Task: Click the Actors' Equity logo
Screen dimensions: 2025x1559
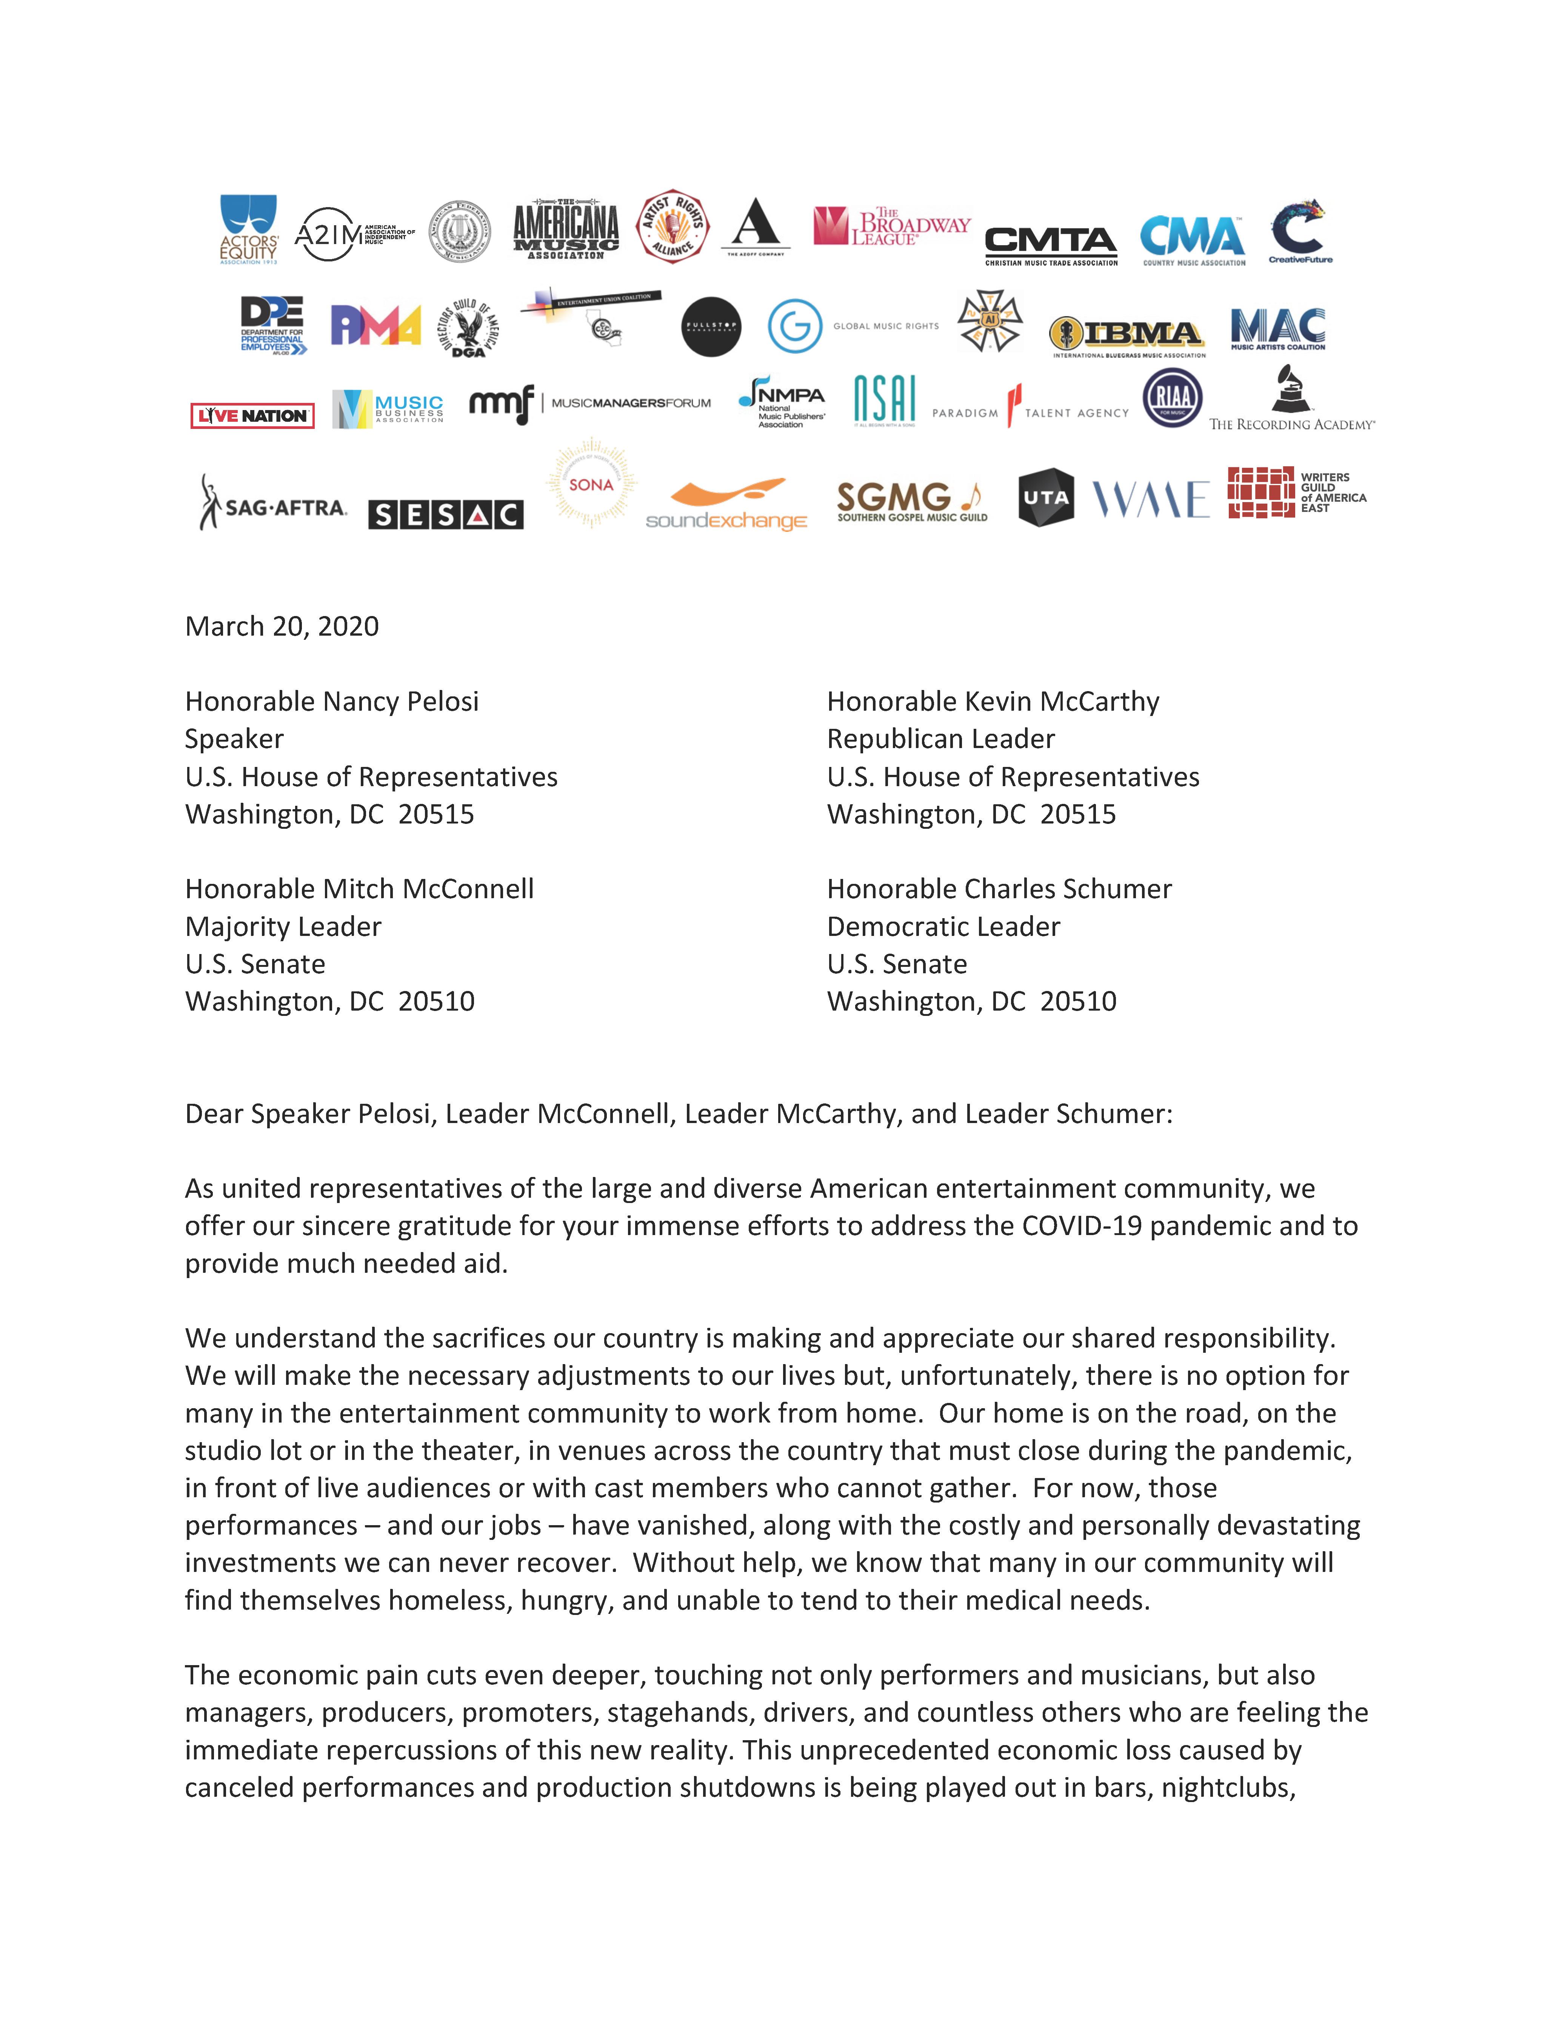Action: click(x=249, y=229)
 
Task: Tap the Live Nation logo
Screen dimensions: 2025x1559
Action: click(x=252, y=415)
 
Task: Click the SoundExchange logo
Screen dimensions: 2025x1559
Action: click(x=726, y=505)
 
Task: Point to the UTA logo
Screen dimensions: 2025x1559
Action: click(x=1045, y=498)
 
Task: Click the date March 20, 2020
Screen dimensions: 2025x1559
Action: click(x=282, y=627)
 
